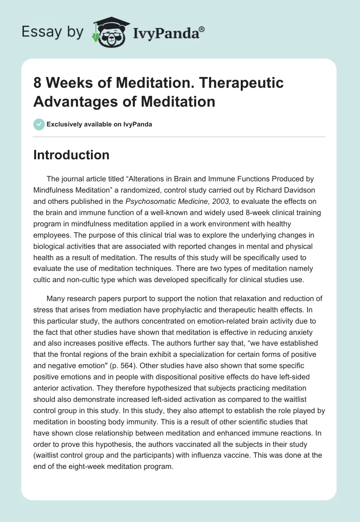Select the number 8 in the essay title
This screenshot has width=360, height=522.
coord(38,83)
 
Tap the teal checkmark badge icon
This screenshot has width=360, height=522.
coord(39,124)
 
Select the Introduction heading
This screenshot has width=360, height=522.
coord(72,155)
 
